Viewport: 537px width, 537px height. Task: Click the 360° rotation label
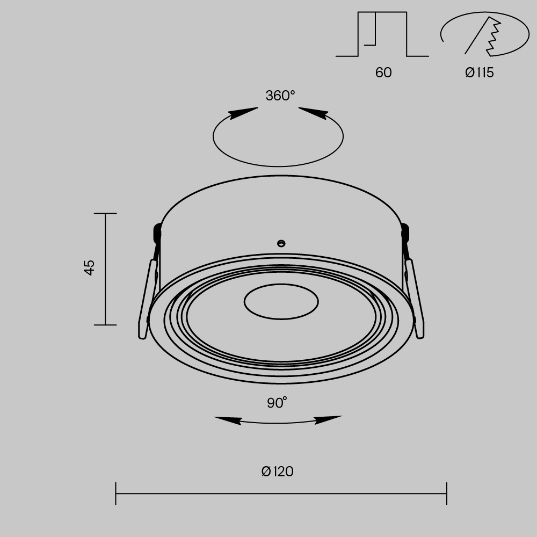coord(280,96)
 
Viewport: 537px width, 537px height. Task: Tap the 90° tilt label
coord(277,403)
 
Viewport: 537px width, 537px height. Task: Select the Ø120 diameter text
coord(278,472)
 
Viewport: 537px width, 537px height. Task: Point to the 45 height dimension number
coord(90,267)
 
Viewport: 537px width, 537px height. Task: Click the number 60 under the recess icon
coord(383,72)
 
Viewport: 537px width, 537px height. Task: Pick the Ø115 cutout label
coord(479,72)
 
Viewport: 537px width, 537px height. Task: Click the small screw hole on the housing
coord(280,243)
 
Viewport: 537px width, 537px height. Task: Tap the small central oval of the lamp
coord(281,302)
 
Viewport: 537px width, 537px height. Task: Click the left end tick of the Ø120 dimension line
coord(116,494)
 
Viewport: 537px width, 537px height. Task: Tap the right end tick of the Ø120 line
coord(446,494)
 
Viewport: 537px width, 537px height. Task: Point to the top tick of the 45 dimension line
coord(105,214)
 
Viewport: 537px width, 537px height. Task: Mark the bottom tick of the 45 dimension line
coord(105,325)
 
